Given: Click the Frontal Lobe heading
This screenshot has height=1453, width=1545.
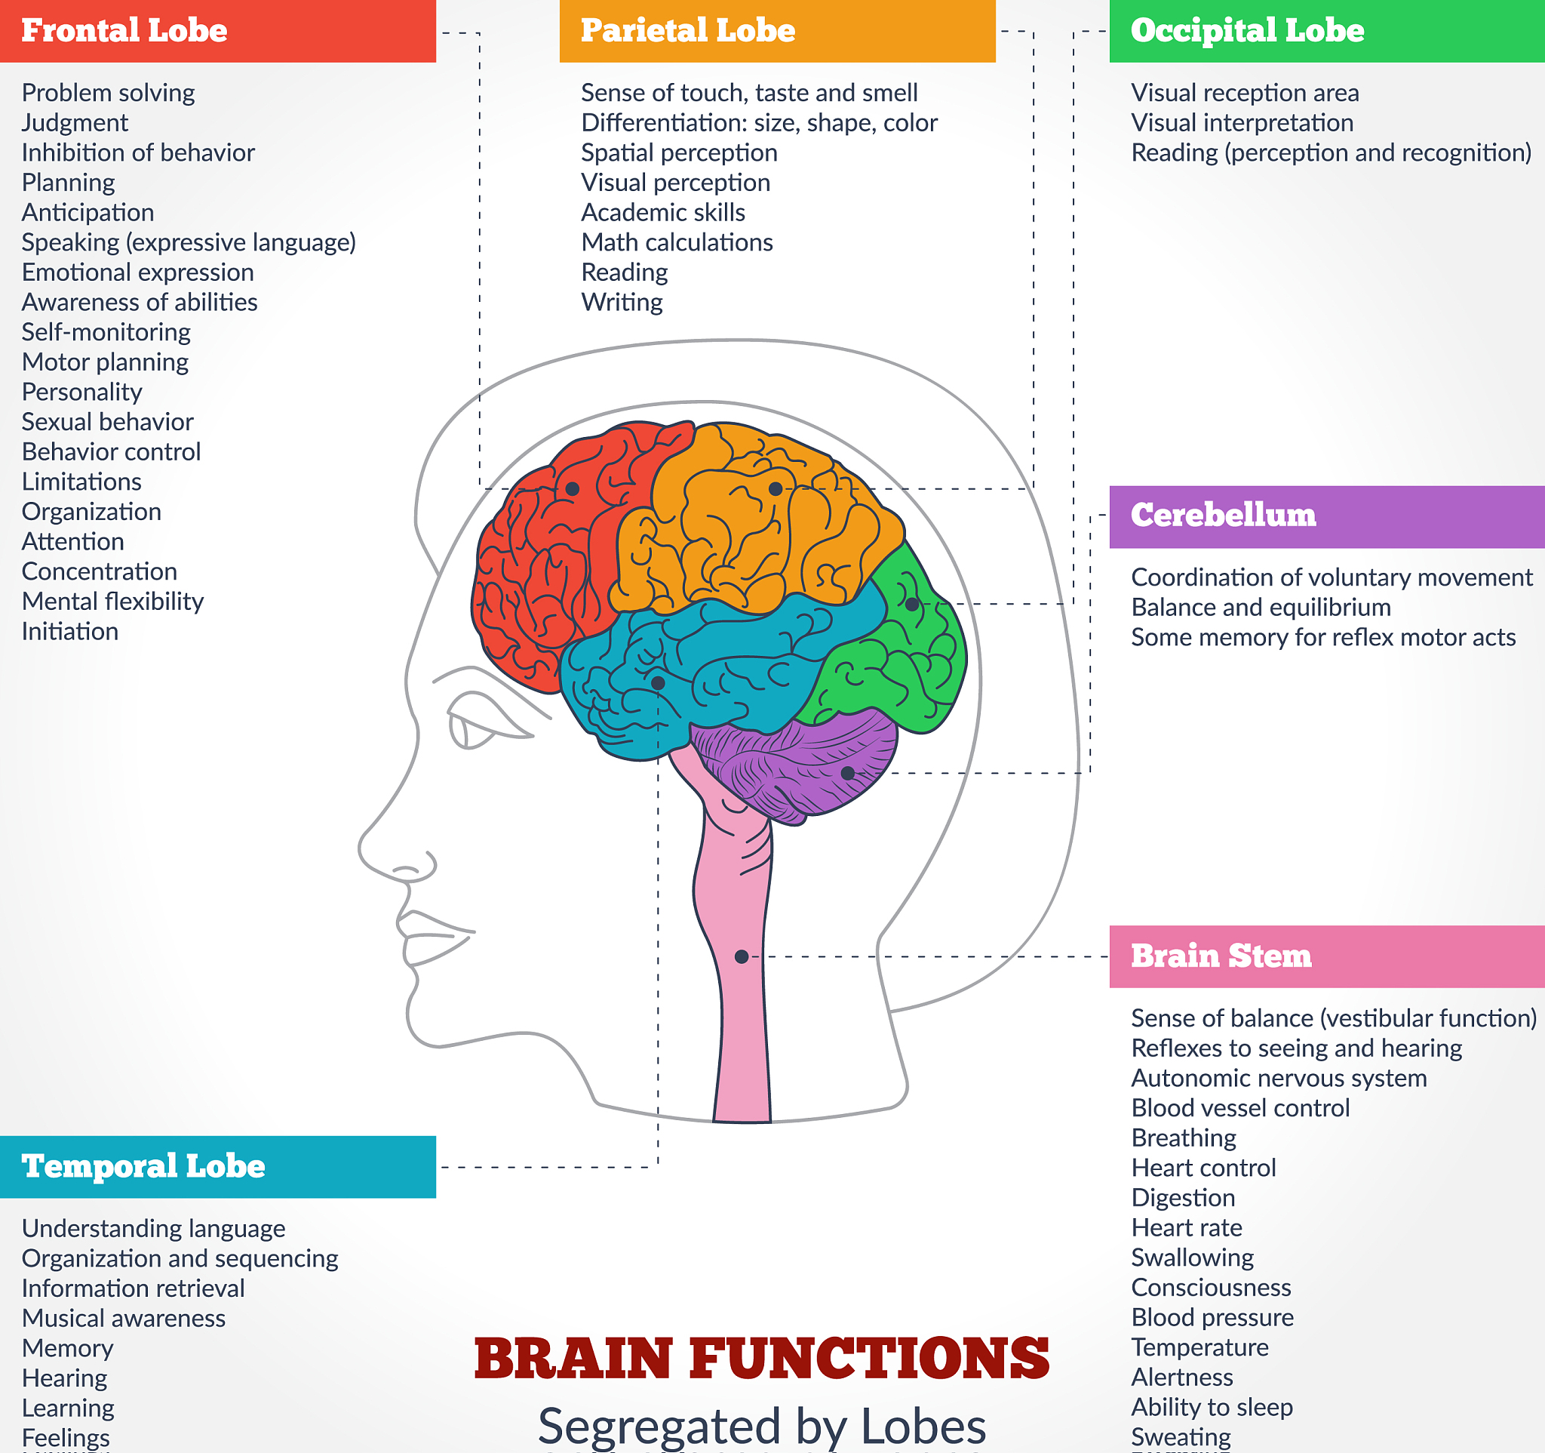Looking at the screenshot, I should point(124,31).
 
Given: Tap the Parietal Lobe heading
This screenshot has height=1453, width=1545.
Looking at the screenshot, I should point(688,31).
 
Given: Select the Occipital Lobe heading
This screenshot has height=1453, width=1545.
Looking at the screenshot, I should point(1247,31).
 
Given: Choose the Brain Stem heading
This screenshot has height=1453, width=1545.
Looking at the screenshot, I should point(1221,956).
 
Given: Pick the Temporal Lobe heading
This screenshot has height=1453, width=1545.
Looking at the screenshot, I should point(144,1166).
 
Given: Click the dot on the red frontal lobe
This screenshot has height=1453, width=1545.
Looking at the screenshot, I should point(572,489).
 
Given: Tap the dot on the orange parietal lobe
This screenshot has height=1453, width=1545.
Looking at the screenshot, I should point(776,489).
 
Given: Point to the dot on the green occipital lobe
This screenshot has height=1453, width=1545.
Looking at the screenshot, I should point(912,604).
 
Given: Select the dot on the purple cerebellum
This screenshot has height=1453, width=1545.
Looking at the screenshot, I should point(848,773).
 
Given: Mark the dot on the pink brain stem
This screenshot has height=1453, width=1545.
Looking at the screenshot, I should point(742,956).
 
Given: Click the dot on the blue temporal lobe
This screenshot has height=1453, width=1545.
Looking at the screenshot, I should point(658,682).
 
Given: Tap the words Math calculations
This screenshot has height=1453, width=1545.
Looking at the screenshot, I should point(677,242).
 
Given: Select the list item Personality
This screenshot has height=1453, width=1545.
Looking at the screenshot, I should point(81,392).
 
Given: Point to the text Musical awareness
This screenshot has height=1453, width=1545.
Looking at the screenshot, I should point(124,1319).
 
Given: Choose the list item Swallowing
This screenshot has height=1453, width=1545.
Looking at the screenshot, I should point(1192,1257).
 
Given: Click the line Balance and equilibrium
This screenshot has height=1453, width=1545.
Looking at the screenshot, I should point(1261,607).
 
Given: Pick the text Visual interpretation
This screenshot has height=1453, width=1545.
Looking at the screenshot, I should point(1242,123).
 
